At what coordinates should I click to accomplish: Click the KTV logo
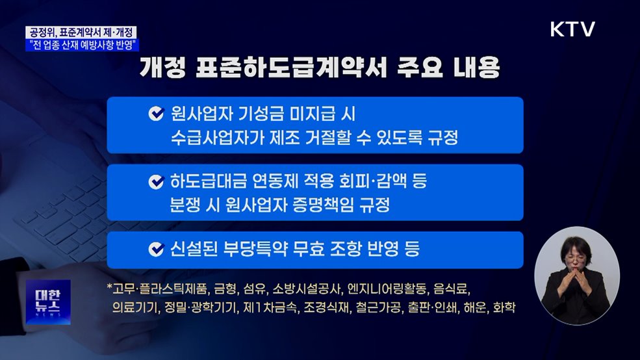572,29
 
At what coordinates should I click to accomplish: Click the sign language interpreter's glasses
576,258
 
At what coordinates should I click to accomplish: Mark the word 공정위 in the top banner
43,32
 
